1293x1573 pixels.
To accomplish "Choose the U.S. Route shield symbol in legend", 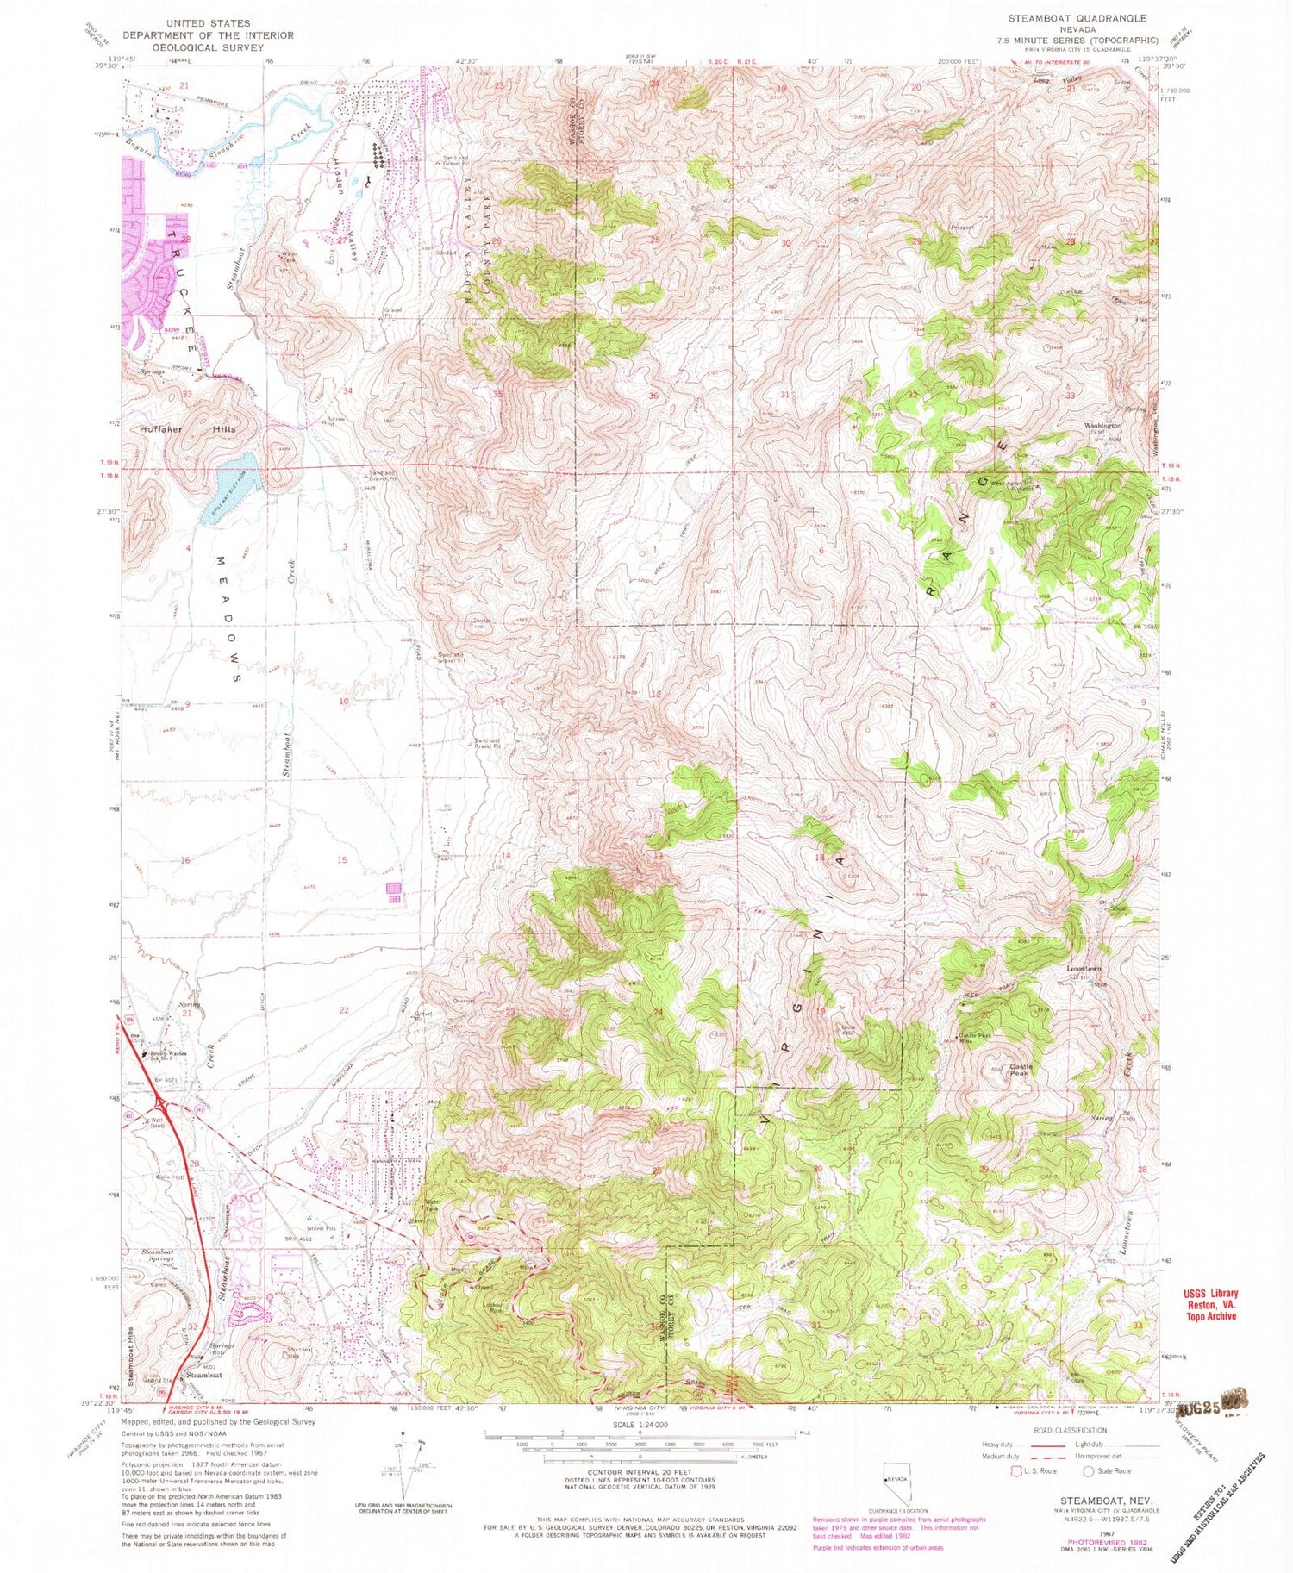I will point(1023,1471).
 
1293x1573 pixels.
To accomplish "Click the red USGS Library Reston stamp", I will point(1209,1304).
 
